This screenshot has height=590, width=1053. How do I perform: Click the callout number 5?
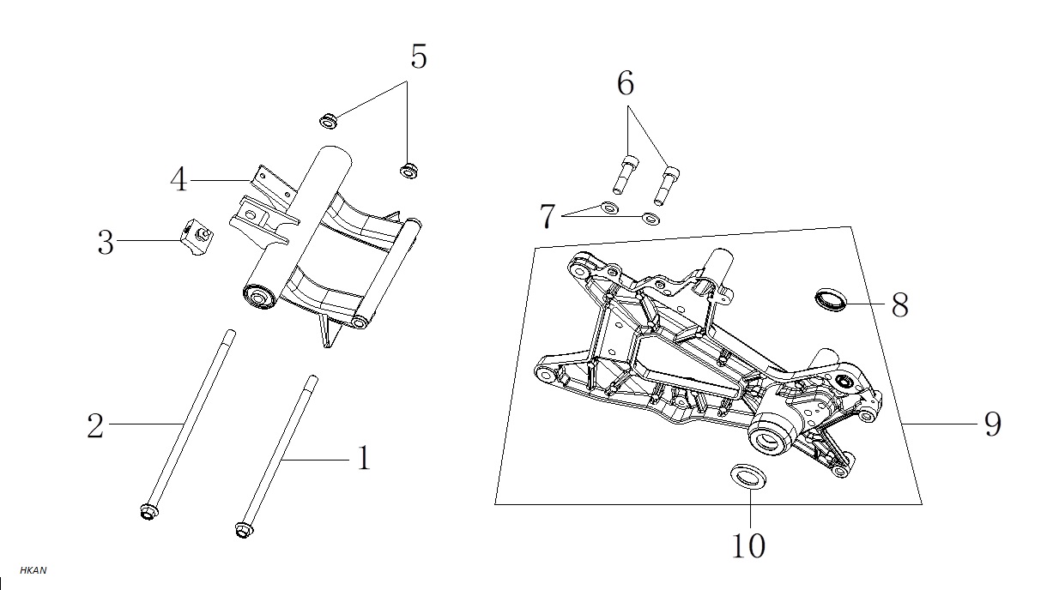(419, 57)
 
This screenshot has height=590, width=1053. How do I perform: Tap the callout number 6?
(626, 84)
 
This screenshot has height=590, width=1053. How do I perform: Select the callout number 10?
(748, 545)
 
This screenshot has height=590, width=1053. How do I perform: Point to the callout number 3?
(106, 243)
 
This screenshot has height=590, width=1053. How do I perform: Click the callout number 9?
(993, 424)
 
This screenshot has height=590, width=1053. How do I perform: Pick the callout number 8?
(899, 305)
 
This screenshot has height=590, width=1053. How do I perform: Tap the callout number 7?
(548, 217)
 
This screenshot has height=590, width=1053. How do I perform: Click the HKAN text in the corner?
(33, 570)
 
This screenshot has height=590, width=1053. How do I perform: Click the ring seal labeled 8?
(830, 299)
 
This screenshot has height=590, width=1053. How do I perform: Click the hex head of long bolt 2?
(149, 512)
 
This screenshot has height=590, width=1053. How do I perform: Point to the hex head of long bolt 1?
(244, 529)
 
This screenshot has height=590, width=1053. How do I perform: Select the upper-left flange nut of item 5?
(328, 121)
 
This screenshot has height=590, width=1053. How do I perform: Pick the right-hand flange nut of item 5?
(409, 171)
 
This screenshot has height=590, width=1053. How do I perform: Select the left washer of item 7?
(609, 208)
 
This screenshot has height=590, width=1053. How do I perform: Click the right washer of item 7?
(651, 219)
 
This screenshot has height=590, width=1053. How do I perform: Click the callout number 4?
(179, 179)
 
